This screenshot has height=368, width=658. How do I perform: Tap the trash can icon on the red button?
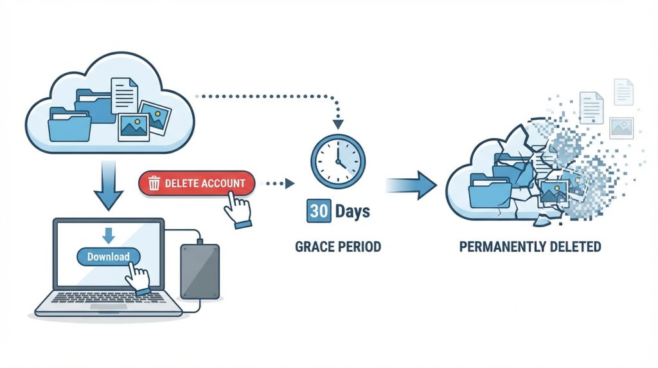154,184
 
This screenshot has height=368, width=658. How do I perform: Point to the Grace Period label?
337,246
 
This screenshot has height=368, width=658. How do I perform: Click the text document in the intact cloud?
124,95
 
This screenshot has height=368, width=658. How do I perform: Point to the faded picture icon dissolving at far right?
621,127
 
